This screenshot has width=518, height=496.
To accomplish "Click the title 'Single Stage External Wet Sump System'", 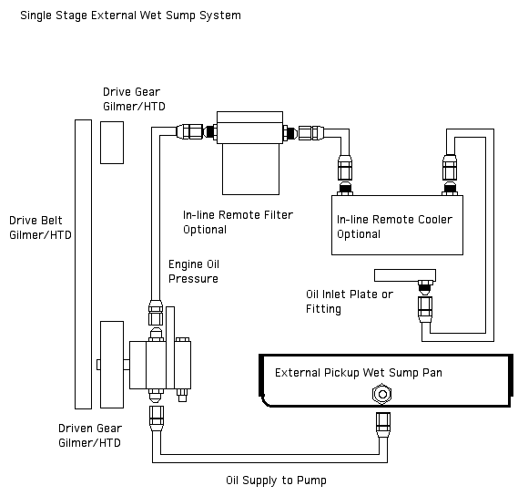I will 132,15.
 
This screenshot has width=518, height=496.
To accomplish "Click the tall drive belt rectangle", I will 83,263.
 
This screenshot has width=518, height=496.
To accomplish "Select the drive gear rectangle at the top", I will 111,140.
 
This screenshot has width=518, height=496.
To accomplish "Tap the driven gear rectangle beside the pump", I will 111,364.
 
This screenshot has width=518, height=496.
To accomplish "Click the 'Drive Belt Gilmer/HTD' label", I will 40,227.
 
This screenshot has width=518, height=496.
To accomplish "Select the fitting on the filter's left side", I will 193,131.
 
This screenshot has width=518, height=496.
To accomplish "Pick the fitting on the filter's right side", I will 306,133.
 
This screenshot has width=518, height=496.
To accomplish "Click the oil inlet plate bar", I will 404,274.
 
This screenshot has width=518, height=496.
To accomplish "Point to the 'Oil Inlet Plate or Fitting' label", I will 349,301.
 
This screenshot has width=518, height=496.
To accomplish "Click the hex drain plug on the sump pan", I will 381,394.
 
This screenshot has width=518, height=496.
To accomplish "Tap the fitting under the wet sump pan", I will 382,424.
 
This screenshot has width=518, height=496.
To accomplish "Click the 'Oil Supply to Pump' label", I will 276,480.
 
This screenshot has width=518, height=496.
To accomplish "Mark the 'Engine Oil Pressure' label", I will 193,271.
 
